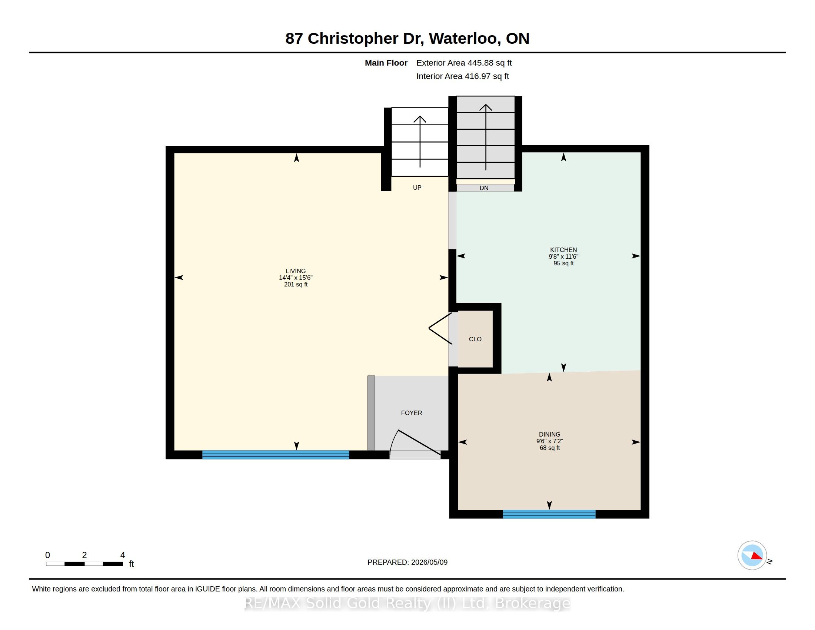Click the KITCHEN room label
pos(563,250)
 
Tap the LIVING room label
pos(296,271)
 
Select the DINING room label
pos(549,434)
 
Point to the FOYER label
pos(411,413)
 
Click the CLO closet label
pos(475,339)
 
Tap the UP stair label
pos(417,188)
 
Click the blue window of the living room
pos(275,454)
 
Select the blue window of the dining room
pos(549,514)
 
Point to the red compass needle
pos(756,556)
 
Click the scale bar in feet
pos(84,564)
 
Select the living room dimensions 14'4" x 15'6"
pos(296,278)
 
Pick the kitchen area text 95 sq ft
pos(563,263)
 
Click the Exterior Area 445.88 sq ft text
pos(464,63)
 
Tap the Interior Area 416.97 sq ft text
pos(462,76)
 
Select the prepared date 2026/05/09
pos(429,562)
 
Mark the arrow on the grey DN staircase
pos(486,137)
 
